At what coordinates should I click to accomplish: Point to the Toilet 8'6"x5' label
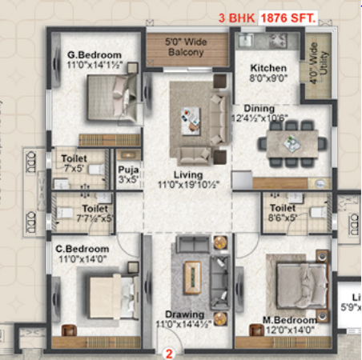pos(285,210)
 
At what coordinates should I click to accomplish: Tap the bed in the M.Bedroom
pos(297,283)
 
